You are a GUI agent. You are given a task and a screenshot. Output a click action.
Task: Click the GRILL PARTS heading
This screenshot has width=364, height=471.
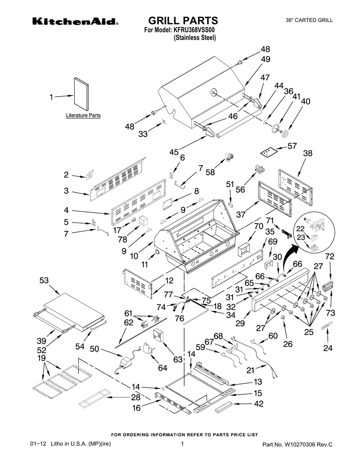point(182,20)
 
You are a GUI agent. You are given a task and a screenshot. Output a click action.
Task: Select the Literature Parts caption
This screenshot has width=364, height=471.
point(83,115)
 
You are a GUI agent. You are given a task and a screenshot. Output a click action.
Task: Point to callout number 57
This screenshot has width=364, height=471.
point(292,146)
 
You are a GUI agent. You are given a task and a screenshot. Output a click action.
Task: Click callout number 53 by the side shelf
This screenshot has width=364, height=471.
point(44,280)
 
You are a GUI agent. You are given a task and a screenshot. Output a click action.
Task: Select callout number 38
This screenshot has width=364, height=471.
point(307,153)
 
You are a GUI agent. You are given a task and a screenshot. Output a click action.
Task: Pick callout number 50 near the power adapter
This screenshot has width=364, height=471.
point(95,350)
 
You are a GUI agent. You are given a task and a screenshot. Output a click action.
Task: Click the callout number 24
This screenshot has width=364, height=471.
point(327,348)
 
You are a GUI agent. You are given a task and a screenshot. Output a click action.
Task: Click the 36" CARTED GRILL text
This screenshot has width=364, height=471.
point(309,20)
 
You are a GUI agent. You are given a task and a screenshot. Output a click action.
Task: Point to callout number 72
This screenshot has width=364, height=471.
point(329,256)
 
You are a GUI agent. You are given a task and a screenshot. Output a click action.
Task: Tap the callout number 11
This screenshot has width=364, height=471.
point(145,264)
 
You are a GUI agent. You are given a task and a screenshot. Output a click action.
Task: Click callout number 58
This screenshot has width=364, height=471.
point(210,172)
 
